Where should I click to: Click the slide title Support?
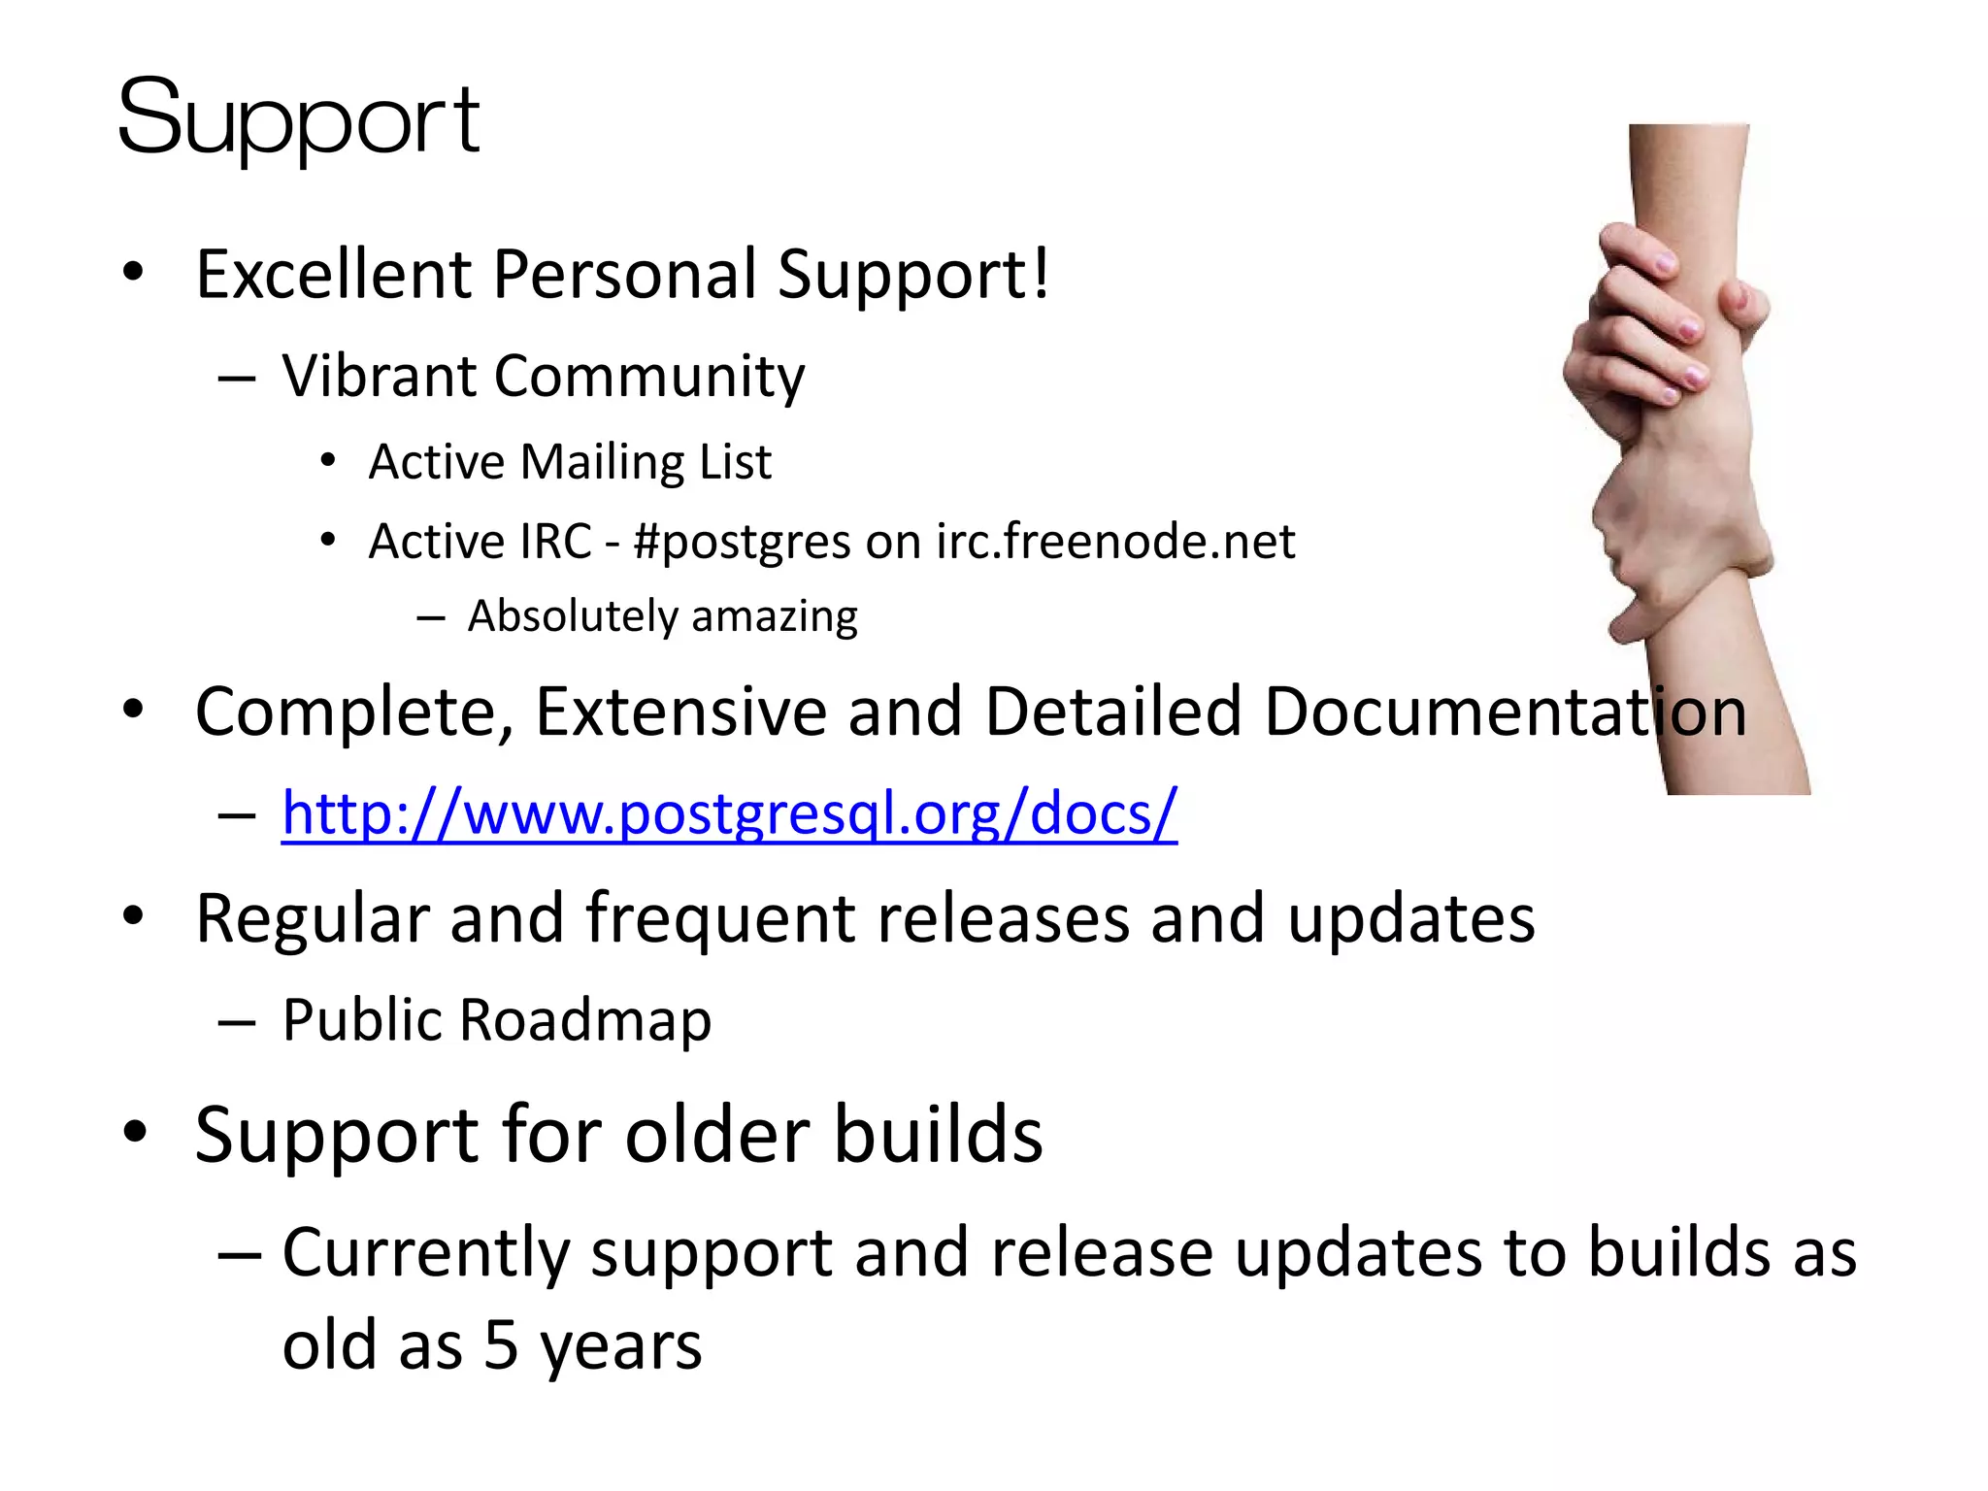click(298, 119)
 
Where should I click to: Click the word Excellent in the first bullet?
click(333, 275)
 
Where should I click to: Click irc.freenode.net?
click(1115, 542)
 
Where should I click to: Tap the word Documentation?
click(1505, 712)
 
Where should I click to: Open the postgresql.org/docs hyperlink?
click(729, 813)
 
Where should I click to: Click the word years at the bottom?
click(621, 1347)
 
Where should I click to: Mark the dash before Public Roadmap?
click(237, 1022)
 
